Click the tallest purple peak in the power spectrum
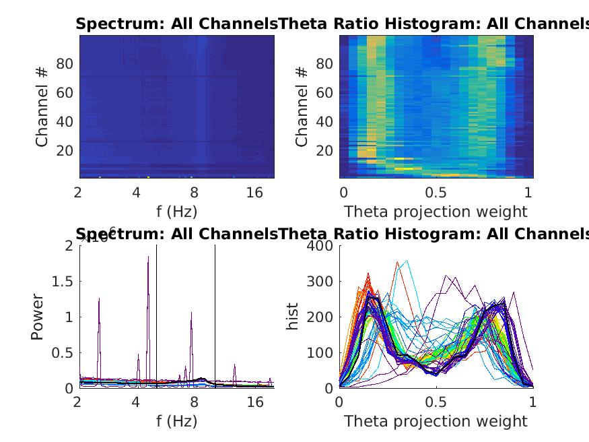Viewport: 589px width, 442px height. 148,257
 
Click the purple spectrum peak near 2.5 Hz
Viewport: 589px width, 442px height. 99,299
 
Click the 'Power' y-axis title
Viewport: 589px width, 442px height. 37,317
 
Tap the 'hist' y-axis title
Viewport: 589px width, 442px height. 293,317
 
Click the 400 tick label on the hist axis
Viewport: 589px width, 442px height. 319,245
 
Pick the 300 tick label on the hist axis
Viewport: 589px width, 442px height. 319,281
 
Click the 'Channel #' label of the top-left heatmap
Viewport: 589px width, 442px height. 42,106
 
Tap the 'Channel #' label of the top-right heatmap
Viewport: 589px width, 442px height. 302,106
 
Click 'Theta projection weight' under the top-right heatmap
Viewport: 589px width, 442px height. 436,212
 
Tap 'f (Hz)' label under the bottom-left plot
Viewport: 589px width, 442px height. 176,421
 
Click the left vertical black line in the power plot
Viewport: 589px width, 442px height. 157,317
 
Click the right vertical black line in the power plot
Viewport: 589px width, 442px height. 215,317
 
